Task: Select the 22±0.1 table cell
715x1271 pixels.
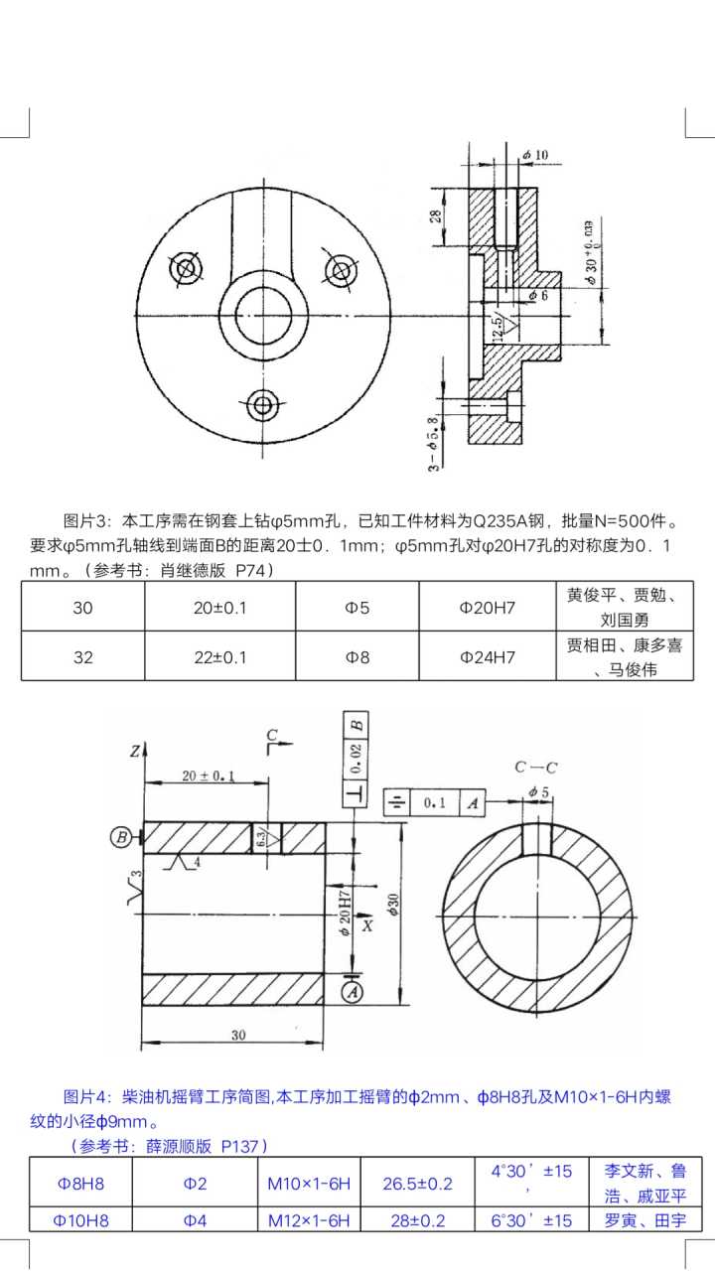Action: point(220,656)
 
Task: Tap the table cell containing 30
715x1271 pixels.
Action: point(82,607)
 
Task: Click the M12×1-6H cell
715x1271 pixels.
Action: point(310,1220)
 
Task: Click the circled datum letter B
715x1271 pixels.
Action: point(121,837)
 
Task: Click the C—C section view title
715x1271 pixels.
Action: point(535,767)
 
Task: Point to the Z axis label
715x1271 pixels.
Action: point(133,752)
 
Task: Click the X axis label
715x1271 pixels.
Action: point(367,925)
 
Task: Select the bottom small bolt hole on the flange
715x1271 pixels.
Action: point(263,404)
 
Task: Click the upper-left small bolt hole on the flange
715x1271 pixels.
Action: point(185,268)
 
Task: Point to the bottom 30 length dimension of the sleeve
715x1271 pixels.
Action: point(237,1035)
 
